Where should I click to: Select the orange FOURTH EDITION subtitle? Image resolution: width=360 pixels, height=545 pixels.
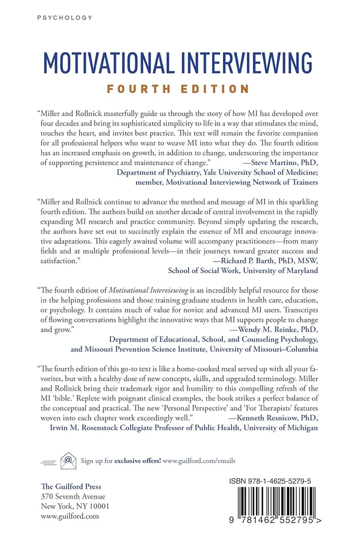tap(180, 89)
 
